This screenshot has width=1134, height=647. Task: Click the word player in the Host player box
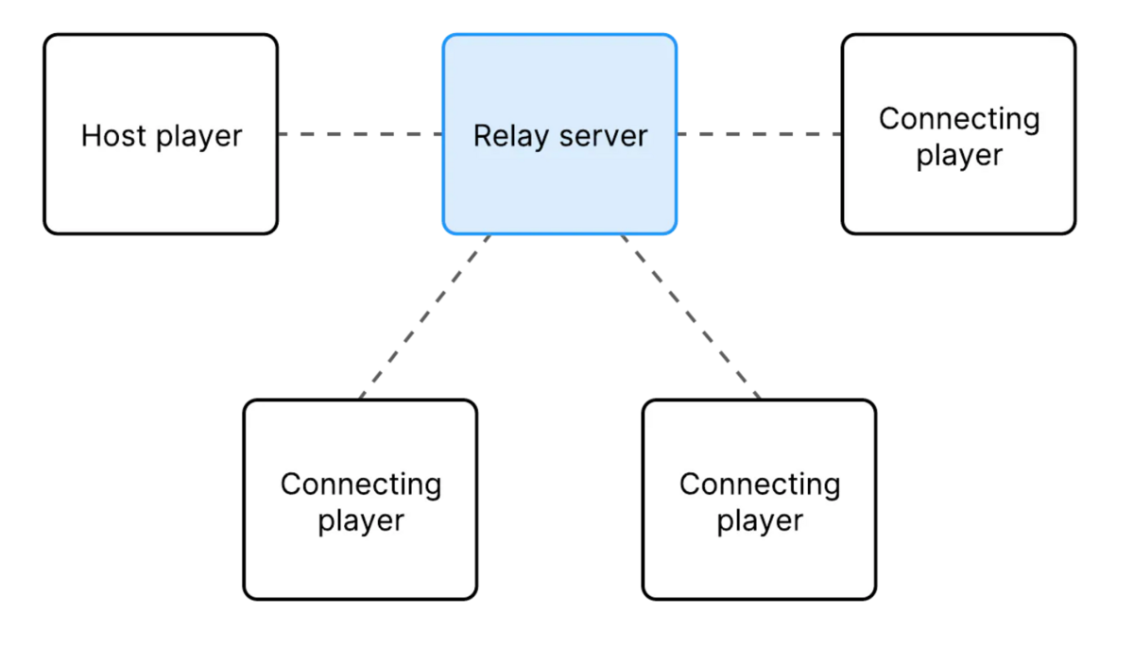click(x=199, y=137)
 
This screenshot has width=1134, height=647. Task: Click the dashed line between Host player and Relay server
click(x=360, y=134)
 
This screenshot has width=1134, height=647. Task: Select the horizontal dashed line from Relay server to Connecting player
click(x=759, y=134)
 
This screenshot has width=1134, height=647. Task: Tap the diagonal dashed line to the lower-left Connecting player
click(x=424, y=316)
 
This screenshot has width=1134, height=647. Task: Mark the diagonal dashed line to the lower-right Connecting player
click(x=691, y=316)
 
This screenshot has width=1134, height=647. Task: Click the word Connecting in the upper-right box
click(x=958, y=120)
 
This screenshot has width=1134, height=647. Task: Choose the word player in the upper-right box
click(x=958, y=156)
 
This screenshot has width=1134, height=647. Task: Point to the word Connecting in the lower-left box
click(x=360, y=485)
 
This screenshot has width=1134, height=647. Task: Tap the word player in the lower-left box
click(x=360, y=521)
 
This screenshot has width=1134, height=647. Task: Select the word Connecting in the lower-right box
click(x=759, y=485)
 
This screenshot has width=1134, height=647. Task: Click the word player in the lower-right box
click(x=759, y=521)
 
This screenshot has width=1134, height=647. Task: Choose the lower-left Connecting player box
click(x=360, y=567)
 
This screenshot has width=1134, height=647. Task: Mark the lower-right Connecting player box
click(x=759, y=567)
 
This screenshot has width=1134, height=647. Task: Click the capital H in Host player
click(x=91, y=135)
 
